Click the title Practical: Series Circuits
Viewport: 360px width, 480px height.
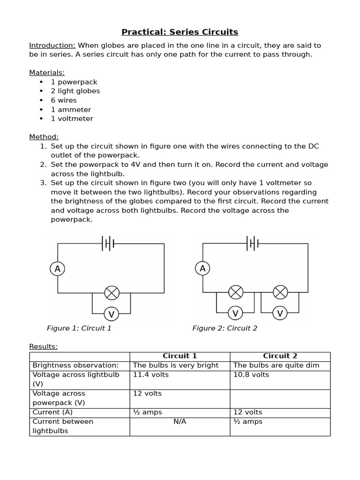pos(180,32)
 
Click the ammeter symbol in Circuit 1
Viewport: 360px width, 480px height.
pos(58,269)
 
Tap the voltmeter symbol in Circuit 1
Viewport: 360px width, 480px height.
pos(111,314)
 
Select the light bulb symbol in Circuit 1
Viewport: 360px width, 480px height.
pos(112,293)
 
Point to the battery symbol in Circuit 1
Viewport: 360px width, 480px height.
pos(108,243)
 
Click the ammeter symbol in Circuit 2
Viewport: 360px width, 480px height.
pos(202,269)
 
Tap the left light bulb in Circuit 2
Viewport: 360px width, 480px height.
pos(236,292)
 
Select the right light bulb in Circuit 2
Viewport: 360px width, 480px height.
pos(280,292)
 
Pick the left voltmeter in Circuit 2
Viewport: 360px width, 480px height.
pos(235,313)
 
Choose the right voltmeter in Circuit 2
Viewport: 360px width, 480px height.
pos(280,313)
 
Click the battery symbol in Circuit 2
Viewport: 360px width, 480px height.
pos(253,243)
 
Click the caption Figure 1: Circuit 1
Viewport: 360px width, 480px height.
pos(79,328)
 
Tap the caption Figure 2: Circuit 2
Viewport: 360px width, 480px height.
pos(225,328)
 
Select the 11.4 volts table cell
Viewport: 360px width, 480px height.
pos(151,375)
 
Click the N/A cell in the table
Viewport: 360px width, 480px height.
pos(180,421)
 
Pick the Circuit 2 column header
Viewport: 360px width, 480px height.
pos(280,356)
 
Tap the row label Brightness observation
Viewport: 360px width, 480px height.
pos(75,365)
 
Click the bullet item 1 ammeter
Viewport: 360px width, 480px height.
pos(71,110)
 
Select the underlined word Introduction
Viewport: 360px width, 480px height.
pos(52,45)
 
